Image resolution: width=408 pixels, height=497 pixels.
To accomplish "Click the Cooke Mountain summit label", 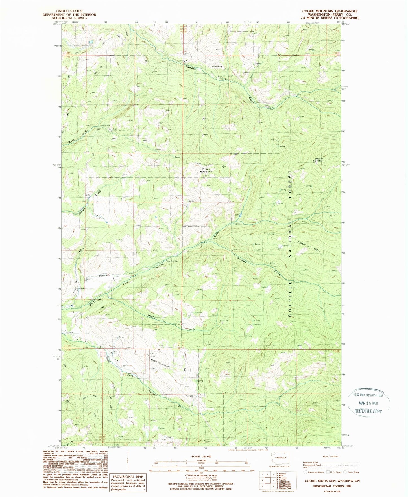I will click(x=206, y=170).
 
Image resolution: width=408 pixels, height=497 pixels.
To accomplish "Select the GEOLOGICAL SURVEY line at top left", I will click(x=69, y=18).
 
